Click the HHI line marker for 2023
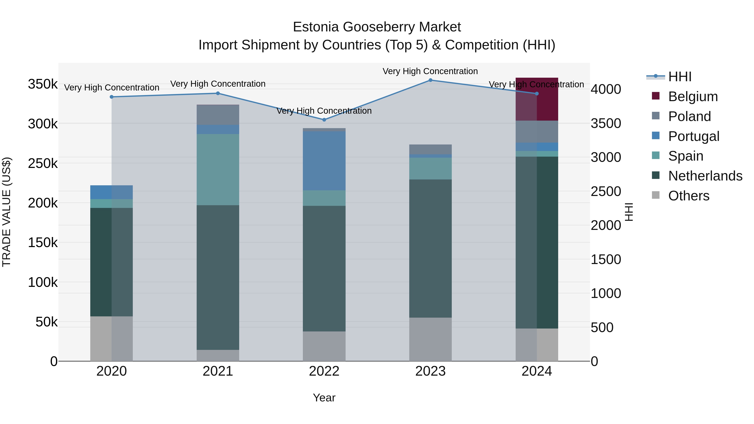(x=430, y=80)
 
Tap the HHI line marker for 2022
(x=324, y=120)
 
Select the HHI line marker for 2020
(x=111, y=97)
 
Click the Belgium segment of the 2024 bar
(x=537, y=99)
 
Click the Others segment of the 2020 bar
(x=111, y=339)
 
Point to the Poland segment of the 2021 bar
(x=218, y=115)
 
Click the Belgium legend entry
(x=693, y=97)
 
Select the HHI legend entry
(x=680, y=77)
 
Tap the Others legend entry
(x=688, y=196)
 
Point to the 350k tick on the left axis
(x=43, y=84)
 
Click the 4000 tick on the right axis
(x=606, y=89)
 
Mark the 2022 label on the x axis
(x=324, y=371)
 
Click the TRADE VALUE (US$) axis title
(x=6, y=212)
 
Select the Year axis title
(x=324, y=398)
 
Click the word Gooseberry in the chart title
(x=379, y=27)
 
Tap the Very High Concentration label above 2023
(x=430, y=71)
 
